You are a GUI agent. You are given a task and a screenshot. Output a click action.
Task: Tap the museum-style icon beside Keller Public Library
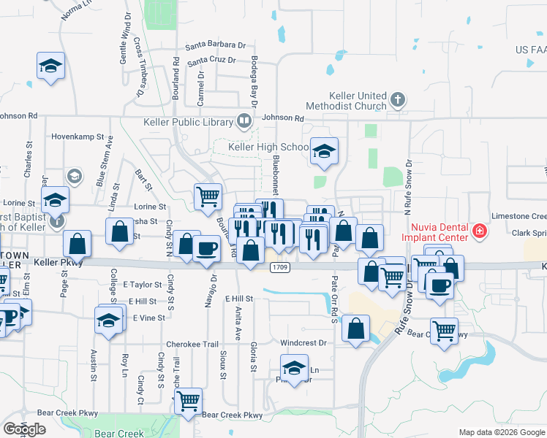click(x=244, y=120)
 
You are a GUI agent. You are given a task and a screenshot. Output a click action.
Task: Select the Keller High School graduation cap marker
click(x=324, y=151)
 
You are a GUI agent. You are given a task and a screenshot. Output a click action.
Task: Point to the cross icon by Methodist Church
click(x=397, y=99)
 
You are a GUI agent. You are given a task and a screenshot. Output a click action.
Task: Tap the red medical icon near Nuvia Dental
click(x=480, y=232)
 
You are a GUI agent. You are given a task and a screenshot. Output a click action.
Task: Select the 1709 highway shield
click(x=279, y=267)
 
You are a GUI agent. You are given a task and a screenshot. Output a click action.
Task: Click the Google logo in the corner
click(x=23, y=429)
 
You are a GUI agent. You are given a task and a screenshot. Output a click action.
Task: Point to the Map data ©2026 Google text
click(x=502, y=432)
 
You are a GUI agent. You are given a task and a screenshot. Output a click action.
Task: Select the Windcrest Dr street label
click(x=302, y=342)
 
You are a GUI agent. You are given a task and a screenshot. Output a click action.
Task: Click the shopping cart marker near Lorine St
click(x=208, y=196)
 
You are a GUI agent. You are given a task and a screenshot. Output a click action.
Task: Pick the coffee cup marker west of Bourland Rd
click(x=205, y=248)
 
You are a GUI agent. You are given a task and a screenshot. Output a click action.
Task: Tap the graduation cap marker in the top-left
click(x=50, y=66)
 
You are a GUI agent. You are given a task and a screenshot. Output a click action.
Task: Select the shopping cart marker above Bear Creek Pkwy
click(x=188, y=400)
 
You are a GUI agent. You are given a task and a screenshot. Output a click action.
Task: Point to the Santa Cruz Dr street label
click(x=211, y=61)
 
